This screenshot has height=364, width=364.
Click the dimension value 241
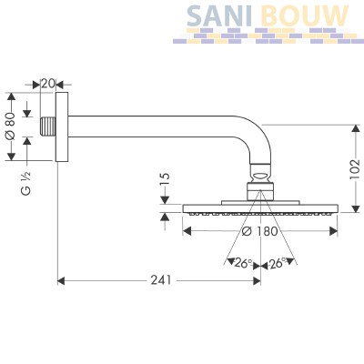[161, 280]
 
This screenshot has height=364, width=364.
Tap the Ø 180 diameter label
[260, 231]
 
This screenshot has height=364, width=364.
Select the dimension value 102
[355, 170]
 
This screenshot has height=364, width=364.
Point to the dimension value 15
[165, 179]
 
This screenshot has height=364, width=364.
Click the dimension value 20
[48, 84]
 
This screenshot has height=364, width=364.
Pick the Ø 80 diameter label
[11, 126]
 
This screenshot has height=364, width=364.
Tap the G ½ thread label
[26, 183]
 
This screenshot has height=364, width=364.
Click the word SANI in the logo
[219, 15]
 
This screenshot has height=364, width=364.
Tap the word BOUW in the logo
[305, 15]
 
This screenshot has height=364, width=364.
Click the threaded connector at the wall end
[48, 126]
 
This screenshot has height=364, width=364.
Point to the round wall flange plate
[62, 126]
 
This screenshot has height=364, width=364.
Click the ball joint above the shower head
[260, 176]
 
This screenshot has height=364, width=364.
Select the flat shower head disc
[260, 208]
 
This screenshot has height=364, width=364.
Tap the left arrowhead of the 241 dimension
[61, 281]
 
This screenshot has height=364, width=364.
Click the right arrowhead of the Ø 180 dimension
[334, 231]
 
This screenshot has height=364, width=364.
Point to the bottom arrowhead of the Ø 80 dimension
[11, 157]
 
